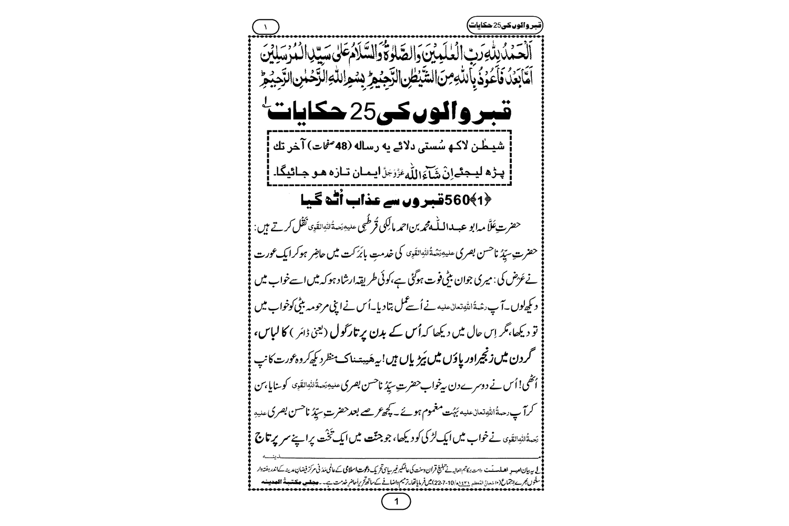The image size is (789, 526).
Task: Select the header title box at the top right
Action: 498,24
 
